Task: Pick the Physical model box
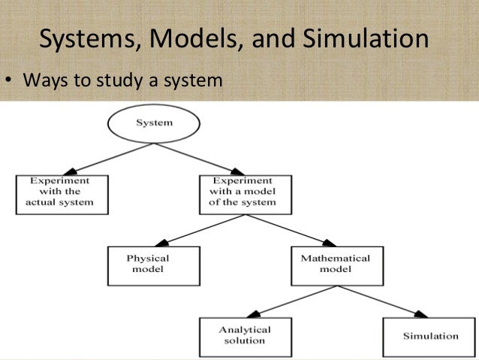click(148, 264)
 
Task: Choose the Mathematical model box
click(335, 264)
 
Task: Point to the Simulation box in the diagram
click(430, 335)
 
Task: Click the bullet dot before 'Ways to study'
click(11, 79)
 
